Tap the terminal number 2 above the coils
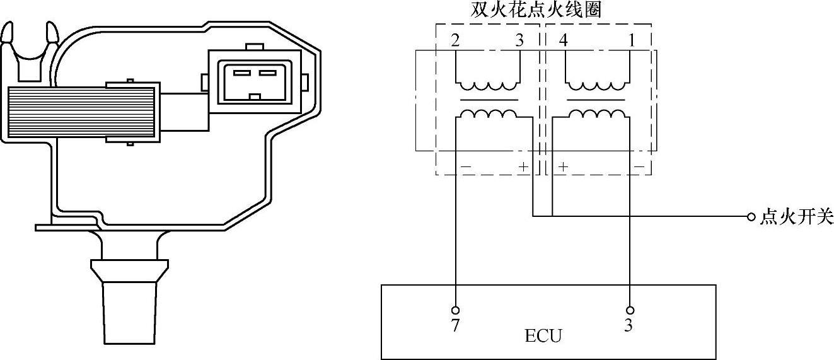[455, 41]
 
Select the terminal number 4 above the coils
[563, 41]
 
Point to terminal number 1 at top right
[631, 41]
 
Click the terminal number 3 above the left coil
[519, 41]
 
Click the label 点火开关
[797, 218]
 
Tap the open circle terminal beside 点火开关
[750, 217]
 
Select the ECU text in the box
[543, 335]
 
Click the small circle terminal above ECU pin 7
[455, 310]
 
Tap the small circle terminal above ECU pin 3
[630, 310]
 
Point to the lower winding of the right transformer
[597, 114]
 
